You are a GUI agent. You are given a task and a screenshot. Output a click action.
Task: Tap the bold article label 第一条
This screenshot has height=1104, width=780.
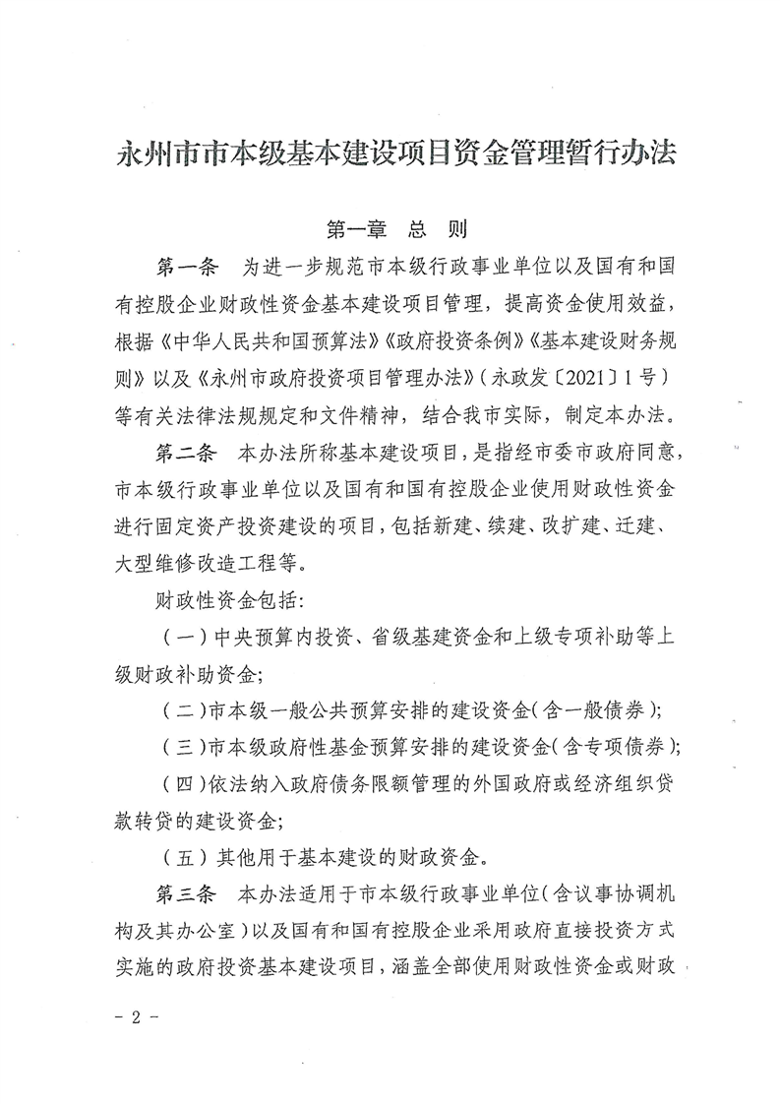(x=189, y=269)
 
